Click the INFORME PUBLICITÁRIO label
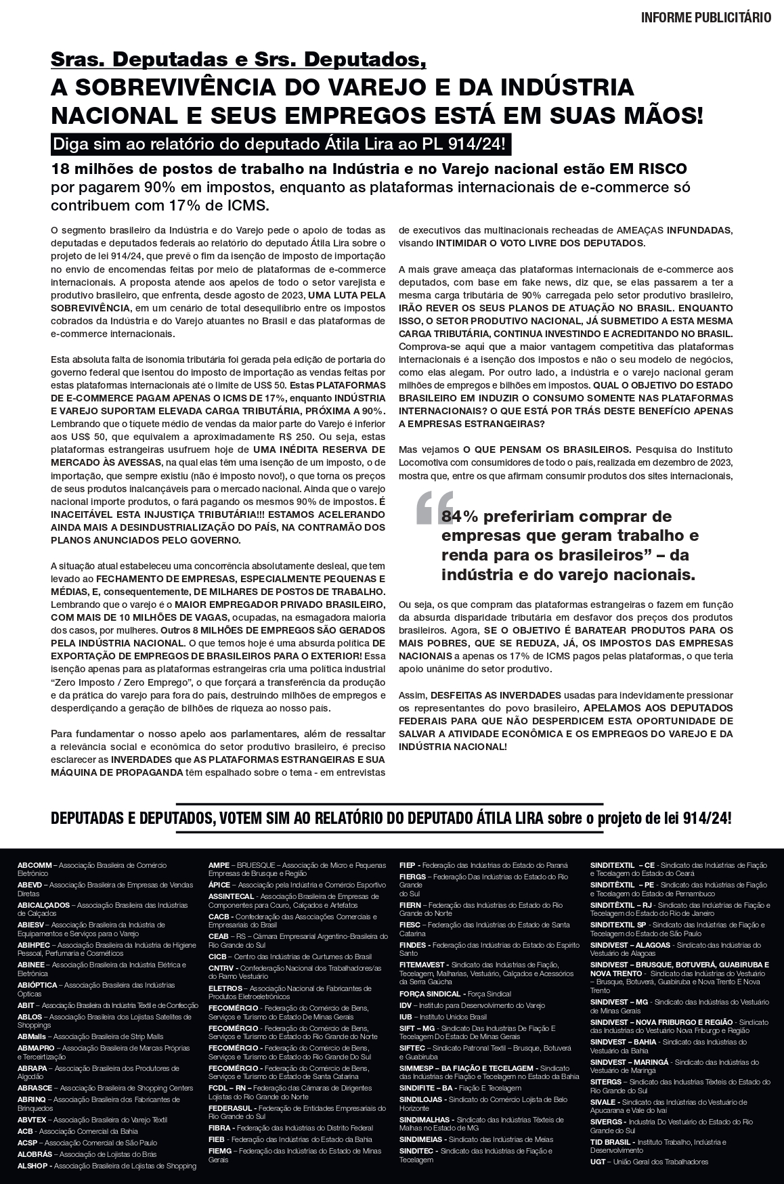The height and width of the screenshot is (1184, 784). point(705,18)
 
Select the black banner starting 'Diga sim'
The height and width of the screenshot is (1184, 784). point(280,144)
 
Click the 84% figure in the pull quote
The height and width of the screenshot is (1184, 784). point(460,517)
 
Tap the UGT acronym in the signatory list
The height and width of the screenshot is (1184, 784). point(598,1162)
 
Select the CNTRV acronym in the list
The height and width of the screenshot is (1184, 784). point(221,968)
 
